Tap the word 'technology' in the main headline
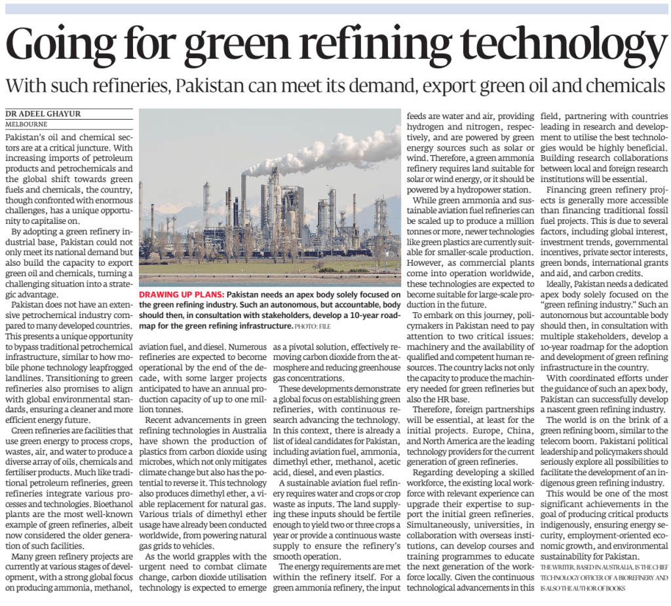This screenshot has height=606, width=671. (543, 45)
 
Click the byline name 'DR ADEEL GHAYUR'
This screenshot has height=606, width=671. (43, 114)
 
